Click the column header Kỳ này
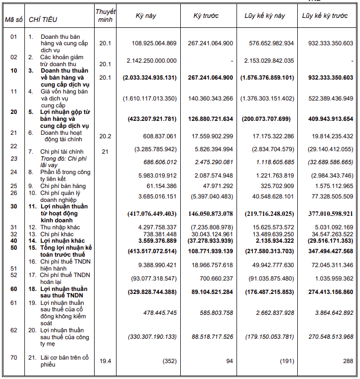pos(146,16)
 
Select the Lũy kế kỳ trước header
pos(325,16)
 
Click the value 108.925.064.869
pos(154,43)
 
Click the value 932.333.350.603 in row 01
pos(327,43)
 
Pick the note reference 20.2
pos(105,136)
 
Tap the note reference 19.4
pos(105,361)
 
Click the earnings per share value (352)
pos(169,361)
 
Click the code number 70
pos(13,357)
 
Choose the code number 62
pos(13,330)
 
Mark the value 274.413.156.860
pos(327,292)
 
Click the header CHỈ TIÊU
pos(43,20)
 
